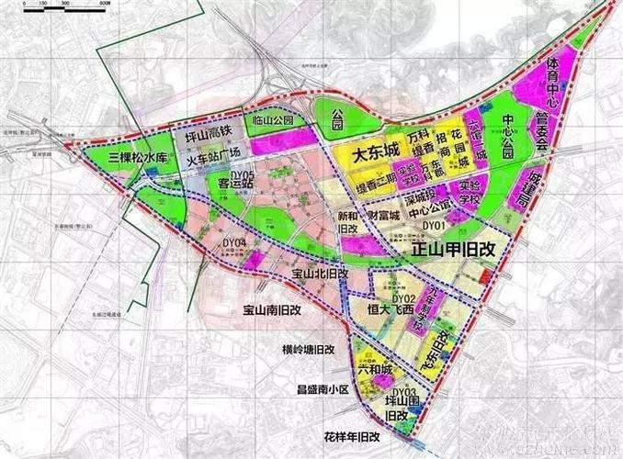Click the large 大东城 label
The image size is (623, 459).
tap(366, 150)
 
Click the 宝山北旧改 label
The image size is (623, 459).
tap(319, 274)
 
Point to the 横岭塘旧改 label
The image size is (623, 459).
tap(309, 350)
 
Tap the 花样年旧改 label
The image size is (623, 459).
tap(352, 434)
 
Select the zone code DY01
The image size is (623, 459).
tap(432, 225)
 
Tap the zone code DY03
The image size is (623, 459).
tap(404, 392)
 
